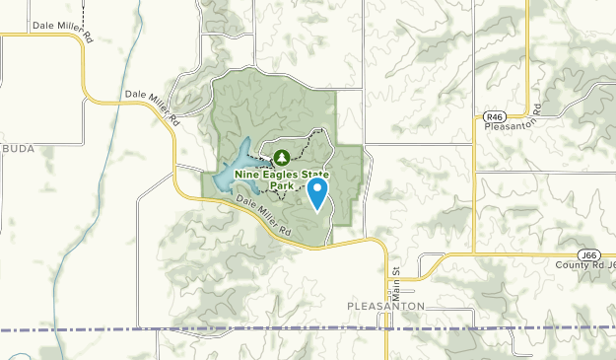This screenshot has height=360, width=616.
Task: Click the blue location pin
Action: click(317, 191)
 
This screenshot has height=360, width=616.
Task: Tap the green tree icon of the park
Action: click(282, 157)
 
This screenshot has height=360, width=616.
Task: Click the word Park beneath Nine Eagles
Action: click(283, 185)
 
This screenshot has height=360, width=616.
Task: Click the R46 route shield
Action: click(495, 116)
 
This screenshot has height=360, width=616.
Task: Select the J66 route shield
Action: click(589, 254)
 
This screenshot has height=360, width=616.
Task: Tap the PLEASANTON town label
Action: click(386, 307)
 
